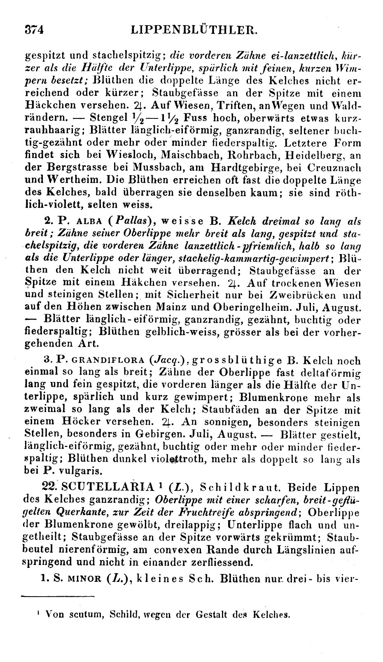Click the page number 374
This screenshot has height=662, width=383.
tap(34, 30)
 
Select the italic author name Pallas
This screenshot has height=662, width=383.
tap(128, 221)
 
